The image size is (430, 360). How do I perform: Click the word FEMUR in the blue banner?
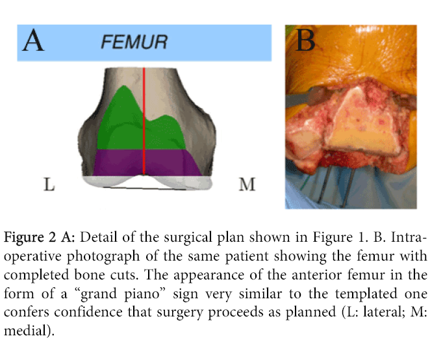click(134, 43)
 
